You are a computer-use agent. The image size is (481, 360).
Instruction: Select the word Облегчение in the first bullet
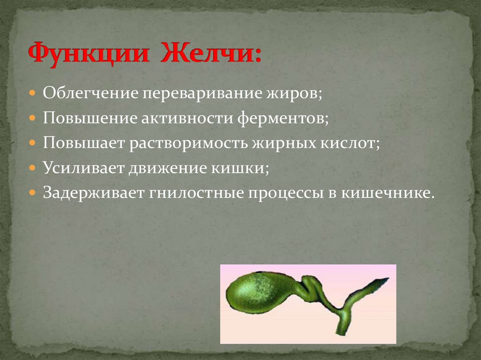[x=90, y=92]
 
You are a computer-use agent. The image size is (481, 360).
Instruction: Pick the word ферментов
[x=282, y=118]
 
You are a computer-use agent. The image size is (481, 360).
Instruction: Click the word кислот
[x=351, y=143]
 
